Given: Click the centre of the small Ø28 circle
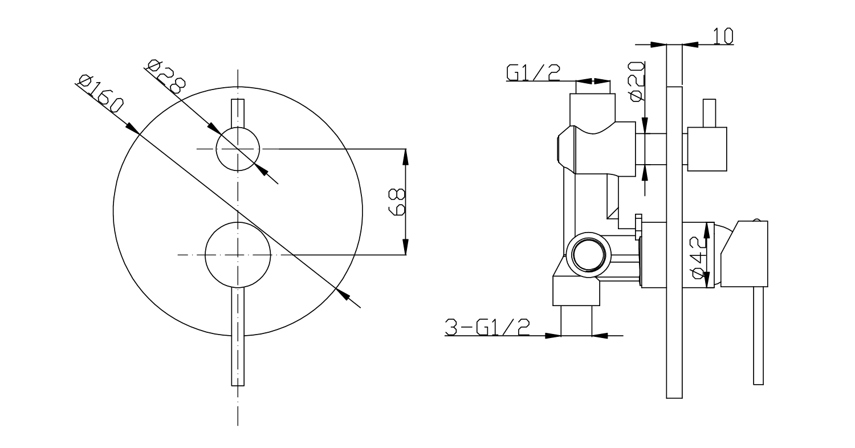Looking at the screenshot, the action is click(238, 149).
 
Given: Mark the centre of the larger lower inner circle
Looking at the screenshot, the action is click(238, 255).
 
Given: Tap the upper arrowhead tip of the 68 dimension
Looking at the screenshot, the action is click(405, 149).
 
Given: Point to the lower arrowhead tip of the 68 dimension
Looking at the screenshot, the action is click(405, 255).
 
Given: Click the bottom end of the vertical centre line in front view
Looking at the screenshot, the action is click(238, 425).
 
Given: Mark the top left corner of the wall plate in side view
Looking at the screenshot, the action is click(667, 87).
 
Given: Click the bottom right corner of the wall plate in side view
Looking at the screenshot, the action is click(682, 398).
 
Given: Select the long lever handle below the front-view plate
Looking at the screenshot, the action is click(238, 336).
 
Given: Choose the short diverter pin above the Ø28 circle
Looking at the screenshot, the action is click(238, 113).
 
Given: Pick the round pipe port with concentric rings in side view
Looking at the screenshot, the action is click(589, 255).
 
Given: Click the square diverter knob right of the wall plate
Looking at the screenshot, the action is click(707, 149).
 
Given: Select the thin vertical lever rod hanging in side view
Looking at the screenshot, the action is click(759, 335).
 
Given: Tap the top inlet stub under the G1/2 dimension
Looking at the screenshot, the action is click(592, 87).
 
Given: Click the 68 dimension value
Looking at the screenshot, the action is click(397, 201).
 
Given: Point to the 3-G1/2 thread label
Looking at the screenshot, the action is click(487, 327).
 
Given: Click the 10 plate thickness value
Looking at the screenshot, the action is click(723, 36).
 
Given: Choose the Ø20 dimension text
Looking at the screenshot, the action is click(637, 82).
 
